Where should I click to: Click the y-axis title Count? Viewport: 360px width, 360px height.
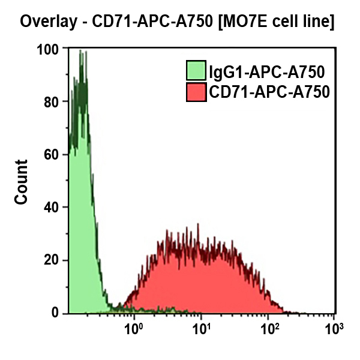click(22, 182)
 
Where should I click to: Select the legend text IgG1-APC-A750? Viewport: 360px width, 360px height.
click(266, 73)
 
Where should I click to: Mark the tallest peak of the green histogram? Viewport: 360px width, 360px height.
click(80, 52)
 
